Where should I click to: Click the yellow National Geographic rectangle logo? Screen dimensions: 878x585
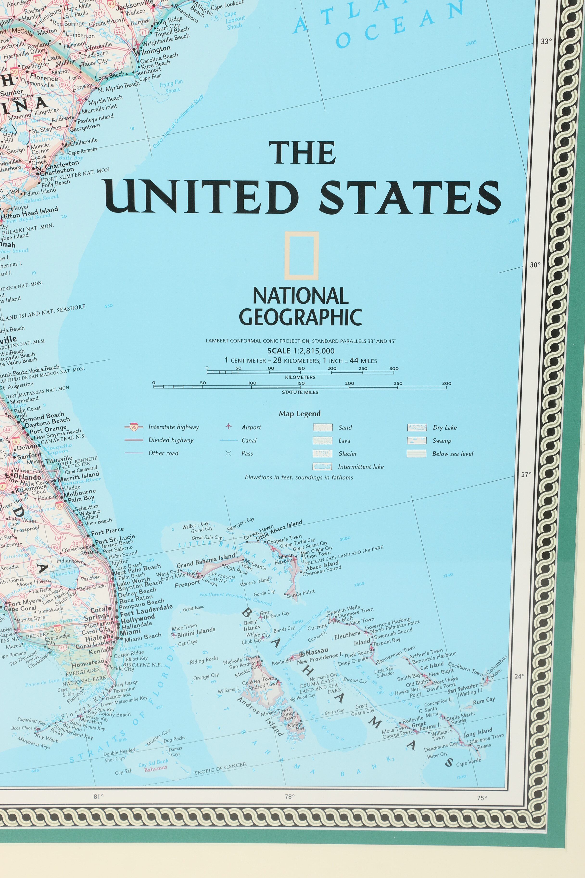click(301, 256)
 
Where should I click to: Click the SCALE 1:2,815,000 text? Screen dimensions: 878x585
click(301, 351)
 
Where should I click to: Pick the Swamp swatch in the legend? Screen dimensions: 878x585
click(416, 440)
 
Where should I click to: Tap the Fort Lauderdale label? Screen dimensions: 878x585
click(146, 610)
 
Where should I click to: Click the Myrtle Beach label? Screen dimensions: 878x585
click(105, 100)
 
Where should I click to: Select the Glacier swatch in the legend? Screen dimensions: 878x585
click(322, 453)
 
